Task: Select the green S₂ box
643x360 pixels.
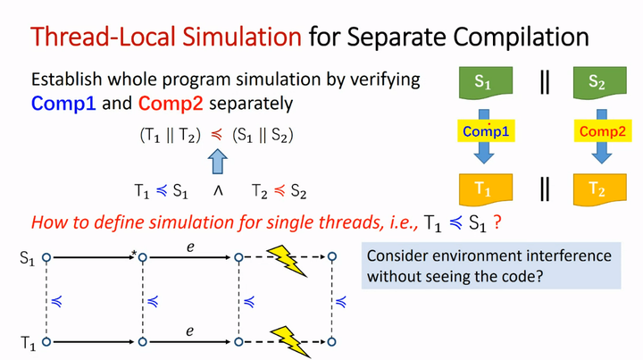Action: [x=597, y=83]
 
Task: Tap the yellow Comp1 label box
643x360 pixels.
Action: [x=486, y=131]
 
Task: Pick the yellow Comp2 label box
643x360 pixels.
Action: [x=597, y=131]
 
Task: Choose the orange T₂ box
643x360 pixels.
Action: [x=597, y=188]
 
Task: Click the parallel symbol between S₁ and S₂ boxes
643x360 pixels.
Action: [x=542, y=82]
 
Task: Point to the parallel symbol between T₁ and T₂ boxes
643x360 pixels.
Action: [x=542, y=188]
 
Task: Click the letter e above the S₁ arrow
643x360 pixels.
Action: [x=189, y=244]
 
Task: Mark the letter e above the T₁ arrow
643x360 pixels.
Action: [x=189, y=330]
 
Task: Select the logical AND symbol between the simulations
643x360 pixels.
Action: [x=218, y=191]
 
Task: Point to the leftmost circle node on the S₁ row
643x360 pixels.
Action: [x=46, y=258]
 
